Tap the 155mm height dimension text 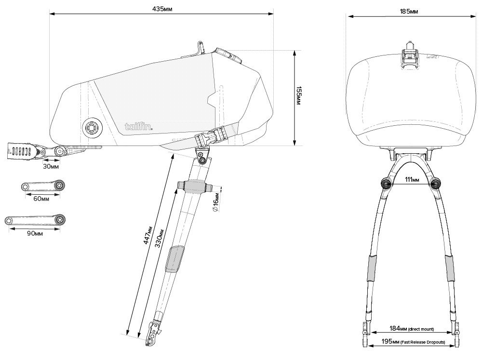(x=299, y=96)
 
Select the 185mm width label (x=409, y=11)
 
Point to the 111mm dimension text (x=412, y=180)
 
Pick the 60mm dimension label (x=41, y=198)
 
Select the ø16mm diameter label (x=217, y=199)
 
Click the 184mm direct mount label (x=410, y=329)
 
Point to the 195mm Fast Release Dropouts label (x=412, y=342)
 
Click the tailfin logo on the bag (x=139, y=127)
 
